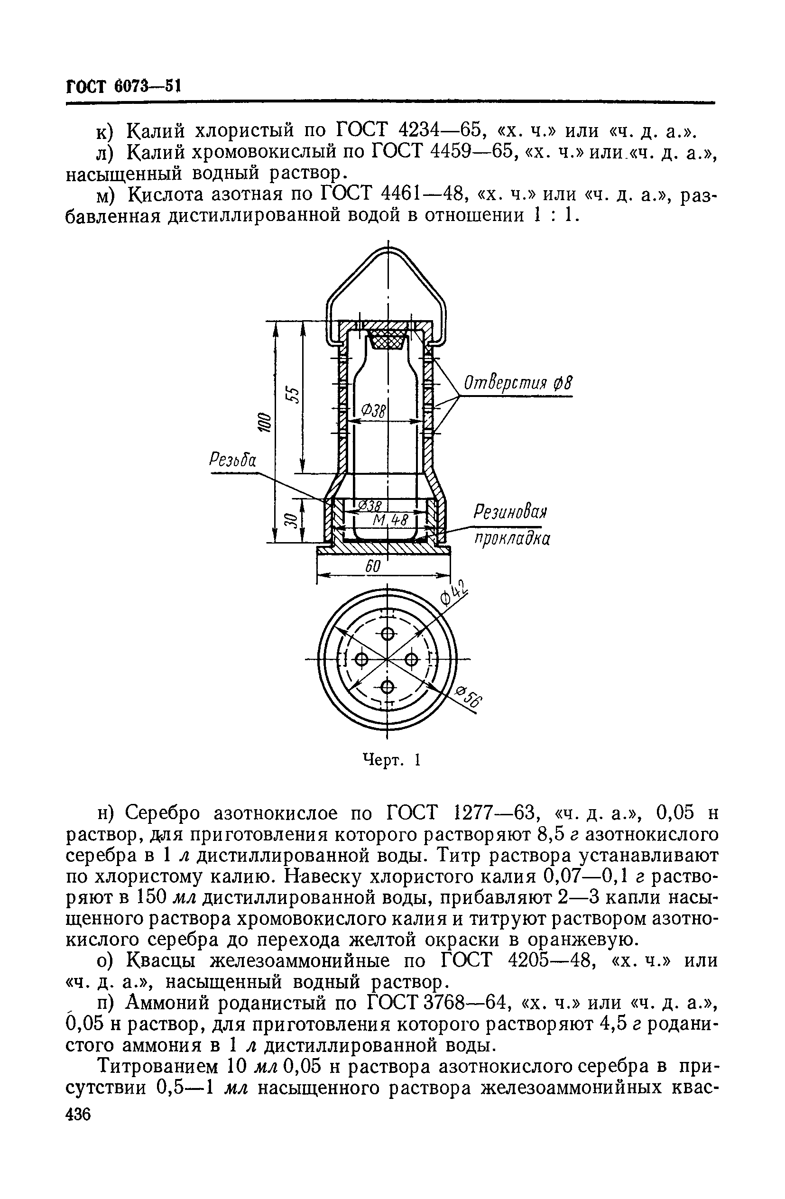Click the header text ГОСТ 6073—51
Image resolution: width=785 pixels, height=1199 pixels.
[x=123, y=86]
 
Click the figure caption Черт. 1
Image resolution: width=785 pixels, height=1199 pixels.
[x=391, y=759]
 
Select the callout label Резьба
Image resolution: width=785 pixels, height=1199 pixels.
[x=232, y=460]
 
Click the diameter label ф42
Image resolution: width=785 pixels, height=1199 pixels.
[x=454, y=593]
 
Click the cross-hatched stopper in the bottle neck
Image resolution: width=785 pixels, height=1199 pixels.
[x=387, y=341]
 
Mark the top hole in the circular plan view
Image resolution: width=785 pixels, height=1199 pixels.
[x=387, y=633]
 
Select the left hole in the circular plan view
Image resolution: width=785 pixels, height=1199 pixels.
[x=362, y=659]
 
